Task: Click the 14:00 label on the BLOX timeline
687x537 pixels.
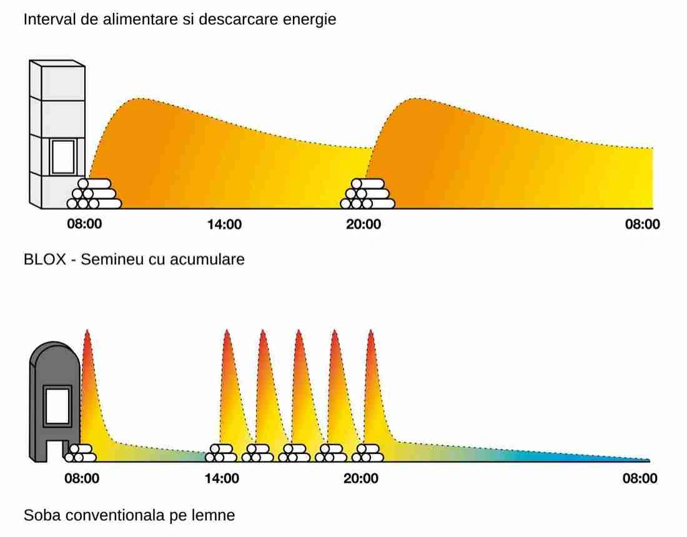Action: [224, 225]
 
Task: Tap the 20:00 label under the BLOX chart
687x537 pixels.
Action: [363, 225]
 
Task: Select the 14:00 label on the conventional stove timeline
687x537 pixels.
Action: [222, 479]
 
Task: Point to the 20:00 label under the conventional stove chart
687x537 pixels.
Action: [361, 479]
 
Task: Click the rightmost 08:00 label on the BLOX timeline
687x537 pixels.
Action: [642, 225]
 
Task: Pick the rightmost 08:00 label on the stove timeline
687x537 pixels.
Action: [640, 479]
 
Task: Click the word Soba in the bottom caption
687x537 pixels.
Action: [41, 516]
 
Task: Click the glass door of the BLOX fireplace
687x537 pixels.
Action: [62, 156]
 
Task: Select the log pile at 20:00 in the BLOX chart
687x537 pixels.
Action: [367, 194]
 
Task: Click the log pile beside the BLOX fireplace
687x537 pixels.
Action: [94, 194]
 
